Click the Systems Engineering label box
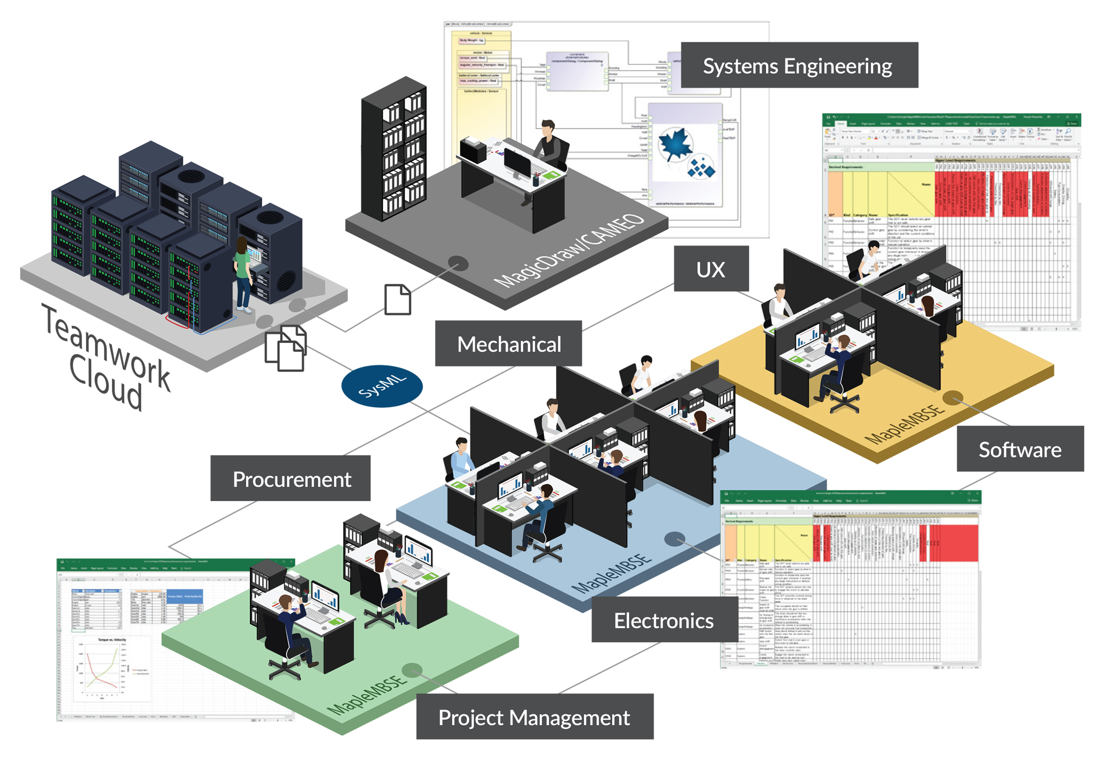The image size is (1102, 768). pos(799,66)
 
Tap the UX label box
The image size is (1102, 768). pos(711,269)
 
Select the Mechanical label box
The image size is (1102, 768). pos(508,344)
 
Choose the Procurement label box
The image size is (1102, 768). pos(291,479)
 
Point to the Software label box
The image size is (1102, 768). pos(1019,449)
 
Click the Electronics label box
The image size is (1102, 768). pos(664,620)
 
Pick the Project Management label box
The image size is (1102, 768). pos(534,717)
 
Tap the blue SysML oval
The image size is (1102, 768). pos(382,386)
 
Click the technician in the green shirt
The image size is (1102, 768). pos(243,274)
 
